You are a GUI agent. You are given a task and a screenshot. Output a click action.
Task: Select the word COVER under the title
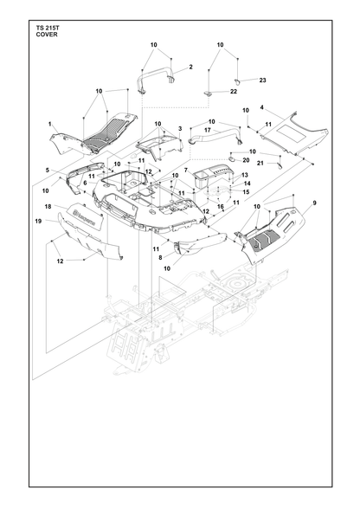[x=47, y=35]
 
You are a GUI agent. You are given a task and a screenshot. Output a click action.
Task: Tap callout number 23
[x=262, y=80]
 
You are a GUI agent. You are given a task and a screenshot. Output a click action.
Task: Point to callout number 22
[x=234, y=92]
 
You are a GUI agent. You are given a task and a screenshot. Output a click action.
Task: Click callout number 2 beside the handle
[x=191, y=67]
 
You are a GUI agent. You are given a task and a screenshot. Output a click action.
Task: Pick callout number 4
[x=262, y=107]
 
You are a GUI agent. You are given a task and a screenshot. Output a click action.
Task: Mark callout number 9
[x=314, y=203]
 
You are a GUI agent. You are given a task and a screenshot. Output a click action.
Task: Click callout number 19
[x=38, y=221]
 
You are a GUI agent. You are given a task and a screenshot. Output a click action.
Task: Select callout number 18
[x=48, y=206]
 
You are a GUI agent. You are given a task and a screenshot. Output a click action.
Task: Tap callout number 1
[x=49, y=124]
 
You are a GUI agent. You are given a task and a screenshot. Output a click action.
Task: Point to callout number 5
[x=48, y=170]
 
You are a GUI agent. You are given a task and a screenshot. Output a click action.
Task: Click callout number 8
[x=160, y=257]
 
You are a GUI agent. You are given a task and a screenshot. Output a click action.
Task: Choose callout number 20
[x=246, y=160]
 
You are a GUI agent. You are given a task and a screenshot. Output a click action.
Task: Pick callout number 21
[x=260, y=164]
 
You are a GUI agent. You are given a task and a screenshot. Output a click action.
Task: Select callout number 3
[x=180, y=129]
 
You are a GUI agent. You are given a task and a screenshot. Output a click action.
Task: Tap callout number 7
[x=186, y=170]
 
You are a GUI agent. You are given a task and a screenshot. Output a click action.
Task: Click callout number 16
[x=221, y=206]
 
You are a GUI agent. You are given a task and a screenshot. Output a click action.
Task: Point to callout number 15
[x=246, y=192]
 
